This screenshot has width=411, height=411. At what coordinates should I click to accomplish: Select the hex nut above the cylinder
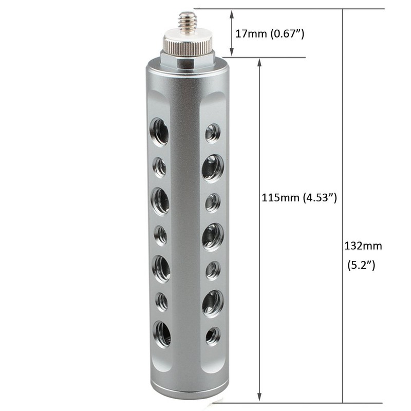pos(188,60)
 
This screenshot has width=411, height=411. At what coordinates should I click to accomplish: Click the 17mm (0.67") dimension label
pos(270,34)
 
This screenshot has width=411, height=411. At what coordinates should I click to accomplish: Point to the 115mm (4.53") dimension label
pos(299,198)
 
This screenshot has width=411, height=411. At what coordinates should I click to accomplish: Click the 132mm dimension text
pos(363,246)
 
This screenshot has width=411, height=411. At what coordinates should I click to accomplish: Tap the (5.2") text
pos(361,265)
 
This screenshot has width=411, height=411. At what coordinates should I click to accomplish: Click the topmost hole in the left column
pos(159,132)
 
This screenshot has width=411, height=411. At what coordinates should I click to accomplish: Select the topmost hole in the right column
pos(213,134)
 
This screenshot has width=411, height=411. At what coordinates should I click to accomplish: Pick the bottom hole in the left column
pos(162,334)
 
